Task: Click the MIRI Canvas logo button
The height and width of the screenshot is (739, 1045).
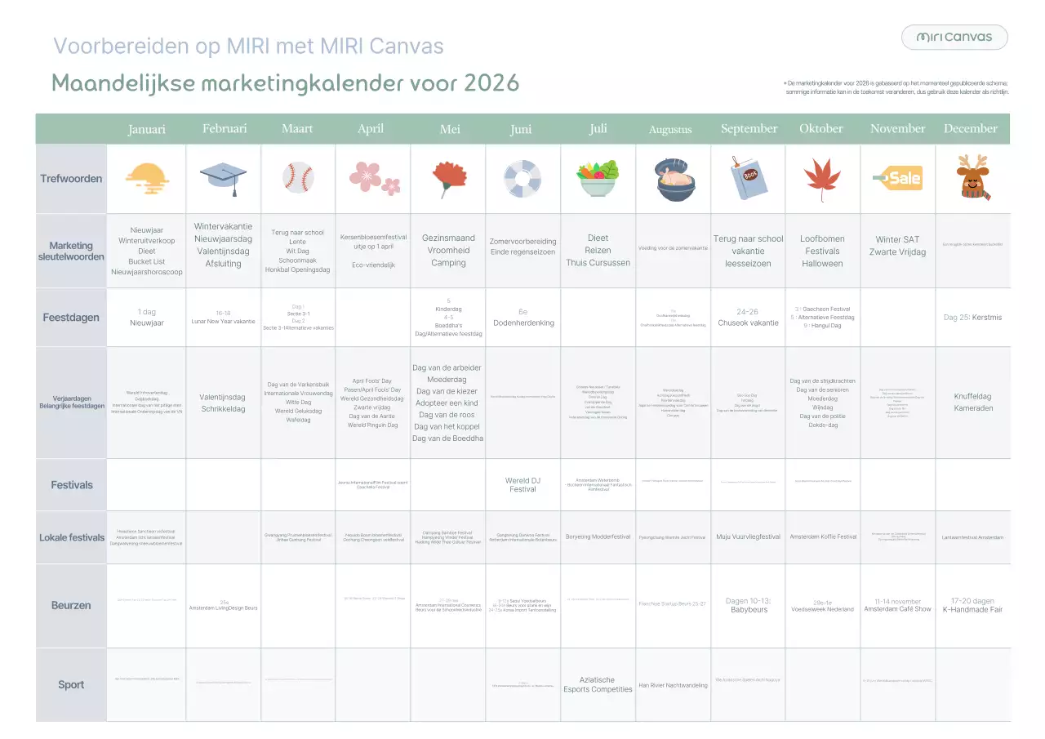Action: (954, 37)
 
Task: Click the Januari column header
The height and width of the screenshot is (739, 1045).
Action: (147, 129)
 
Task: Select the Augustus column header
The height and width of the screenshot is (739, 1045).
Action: (670, 129)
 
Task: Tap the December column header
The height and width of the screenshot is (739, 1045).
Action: (971, 128)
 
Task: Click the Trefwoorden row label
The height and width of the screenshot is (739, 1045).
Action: (71, 179)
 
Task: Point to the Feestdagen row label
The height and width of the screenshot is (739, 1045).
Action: (71, 318)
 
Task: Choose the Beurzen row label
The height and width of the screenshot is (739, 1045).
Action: (71, 605)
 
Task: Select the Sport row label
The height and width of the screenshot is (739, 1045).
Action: (71, 684)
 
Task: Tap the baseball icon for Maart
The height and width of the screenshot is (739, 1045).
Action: (298, 177)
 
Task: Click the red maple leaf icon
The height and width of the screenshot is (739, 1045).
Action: (822, 179)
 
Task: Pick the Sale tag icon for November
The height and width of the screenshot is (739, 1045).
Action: (897, 177)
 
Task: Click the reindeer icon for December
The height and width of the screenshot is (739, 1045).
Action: (972, 178)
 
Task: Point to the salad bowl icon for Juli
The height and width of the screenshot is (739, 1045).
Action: (598, 179)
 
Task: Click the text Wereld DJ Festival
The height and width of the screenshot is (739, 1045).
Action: (522, 484)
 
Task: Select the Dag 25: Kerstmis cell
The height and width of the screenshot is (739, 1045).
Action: (972, 318)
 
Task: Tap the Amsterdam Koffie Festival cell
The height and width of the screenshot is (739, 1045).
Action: (823, 536)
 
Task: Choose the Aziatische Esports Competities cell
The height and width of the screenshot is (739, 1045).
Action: (598, 684)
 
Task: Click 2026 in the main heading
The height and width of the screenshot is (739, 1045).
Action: (491, 83)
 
